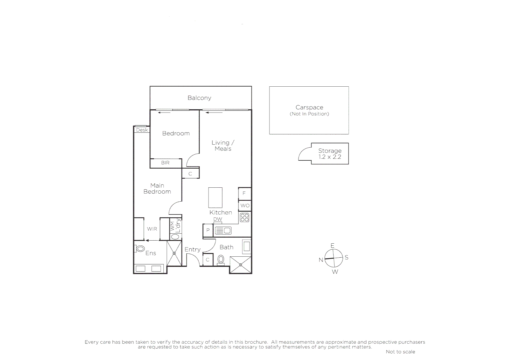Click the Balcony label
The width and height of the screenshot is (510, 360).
tap(199, 98)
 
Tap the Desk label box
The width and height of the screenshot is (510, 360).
tap(142, 130)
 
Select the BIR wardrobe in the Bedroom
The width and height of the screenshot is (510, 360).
tap(165, 163)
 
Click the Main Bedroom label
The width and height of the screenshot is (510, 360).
tap(157, 188)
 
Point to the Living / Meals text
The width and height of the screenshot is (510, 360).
tap(223, 146)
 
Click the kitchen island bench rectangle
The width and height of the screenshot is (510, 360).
tap(215, 198)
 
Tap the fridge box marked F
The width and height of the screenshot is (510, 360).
tap(244, 193)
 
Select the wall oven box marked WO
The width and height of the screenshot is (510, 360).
tap(245, 206)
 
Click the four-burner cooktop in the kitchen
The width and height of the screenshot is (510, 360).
tap(245, 218)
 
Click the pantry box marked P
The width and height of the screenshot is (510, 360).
tap(208, 230)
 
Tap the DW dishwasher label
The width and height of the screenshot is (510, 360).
tap(217, 219)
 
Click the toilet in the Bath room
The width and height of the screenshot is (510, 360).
tap(220, 260)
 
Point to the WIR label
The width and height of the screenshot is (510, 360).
tap(152, 229)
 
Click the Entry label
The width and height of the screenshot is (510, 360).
tap(192, 249)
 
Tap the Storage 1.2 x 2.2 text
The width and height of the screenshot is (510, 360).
tap(330, 154)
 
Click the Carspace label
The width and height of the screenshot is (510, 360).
tap(309, 107)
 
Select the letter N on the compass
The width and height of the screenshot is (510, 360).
tap(321, 260)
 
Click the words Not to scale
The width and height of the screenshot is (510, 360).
tap(400, 352)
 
